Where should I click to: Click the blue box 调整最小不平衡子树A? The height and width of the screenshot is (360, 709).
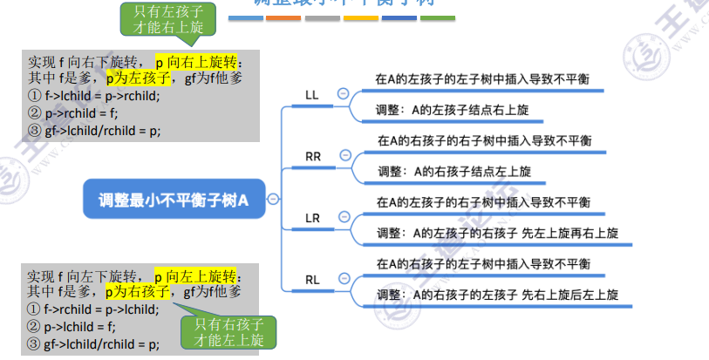tap(174, 200)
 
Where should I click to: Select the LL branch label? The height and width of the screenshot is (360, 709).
tap(311, 94)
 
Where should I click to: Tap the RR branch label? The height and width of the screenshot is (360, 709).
tap(313, 156)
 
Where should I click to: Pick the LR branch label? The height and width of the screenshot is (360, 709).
tap(313, 217)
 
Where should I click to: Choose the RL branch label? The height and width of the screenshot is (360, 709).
tap(313, 279)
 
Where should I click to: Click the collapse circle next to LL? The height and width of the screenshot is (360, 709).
tap(343, 93)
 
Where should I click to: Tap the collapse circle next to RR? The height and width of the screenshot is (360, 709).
tap(344, 155)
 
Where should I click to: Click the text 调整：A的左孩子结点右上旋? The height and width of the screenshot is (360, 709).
tap(452, 111)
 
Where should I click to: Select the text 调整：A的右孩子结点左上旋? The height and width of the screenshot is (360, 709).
tap(453, 172)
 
